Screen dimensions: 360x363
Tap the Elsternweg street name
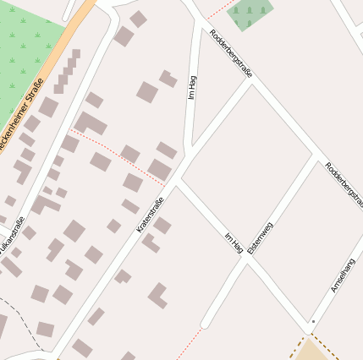(x=261, y=239)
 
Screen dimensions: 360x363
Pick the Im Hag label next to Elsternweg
(x=234, y=243)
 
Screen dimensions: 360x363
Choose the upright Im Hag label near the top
(x=192, y=87)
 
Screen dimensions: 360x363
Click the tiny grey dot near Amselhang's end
(x=312, y=322)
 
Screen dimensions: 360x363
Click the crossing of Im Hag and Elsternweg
(x=245, y=260)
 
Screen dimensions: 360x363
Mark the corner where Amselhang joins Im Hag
(x=308, y=328)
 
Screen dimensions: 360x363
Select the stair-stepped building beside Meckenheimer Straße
(x=67, y=73)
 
